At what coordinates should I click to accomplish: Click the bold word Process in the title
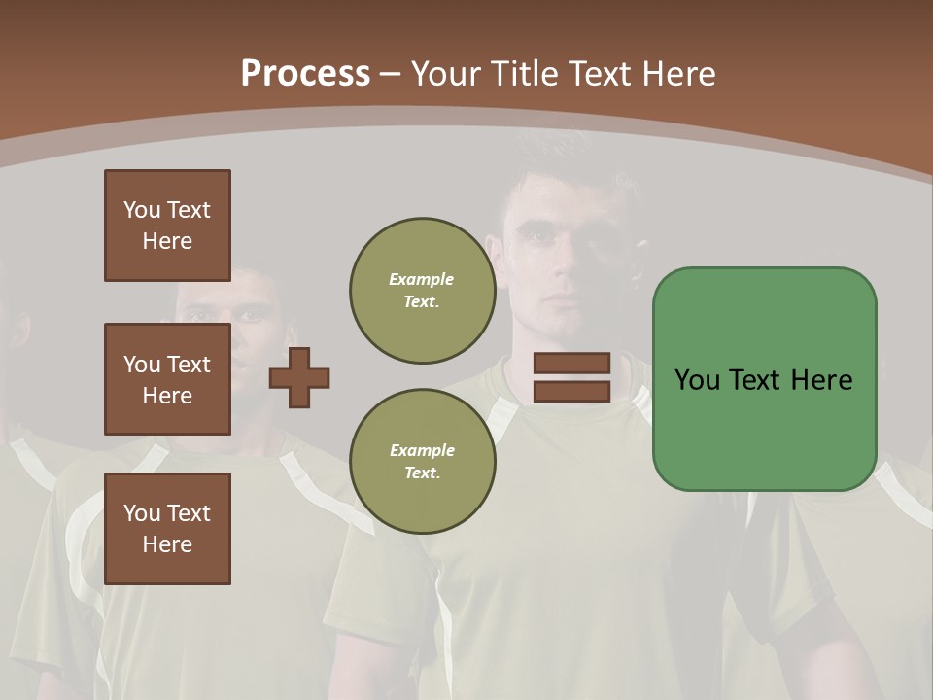(305, 73)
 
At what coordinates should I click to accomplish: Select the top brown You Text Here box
(167, 226)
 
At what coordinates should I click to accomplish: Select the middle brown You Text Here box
(167, 379)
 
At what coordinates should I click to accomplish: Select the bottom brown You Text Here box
(167, 528)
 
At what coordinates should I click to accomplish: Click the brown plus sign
(298, 377)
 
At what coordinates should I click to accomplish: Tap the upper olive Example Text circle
(422, 291)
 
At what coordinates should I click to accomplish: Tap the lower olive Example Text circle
(422, 462)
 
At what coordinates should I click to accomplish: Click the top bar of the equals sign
(571, 364)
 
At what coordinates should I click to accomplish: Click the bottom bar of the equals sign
(571, 391)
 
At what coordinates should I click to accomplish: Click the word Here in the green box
(821, 380)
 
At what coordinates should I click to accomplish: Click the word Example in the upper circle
(422, 279)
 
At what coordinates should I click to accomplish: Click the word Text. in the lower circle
(422, 473)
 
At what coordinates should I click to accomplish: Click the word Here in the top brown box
(167, 241)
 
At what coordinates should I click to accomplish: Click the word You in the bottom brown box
(142, 512)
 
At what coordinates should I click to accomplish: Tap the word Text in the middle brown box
(188, 365)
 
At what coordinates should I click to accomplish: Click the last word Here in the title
(679, 73)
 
